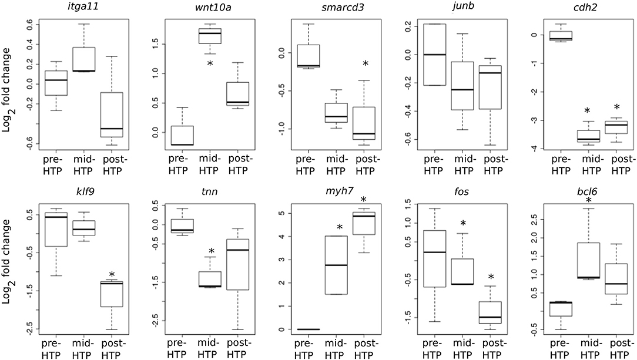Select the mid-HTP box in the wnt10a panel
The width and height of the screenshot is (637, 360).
(210, 36)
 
